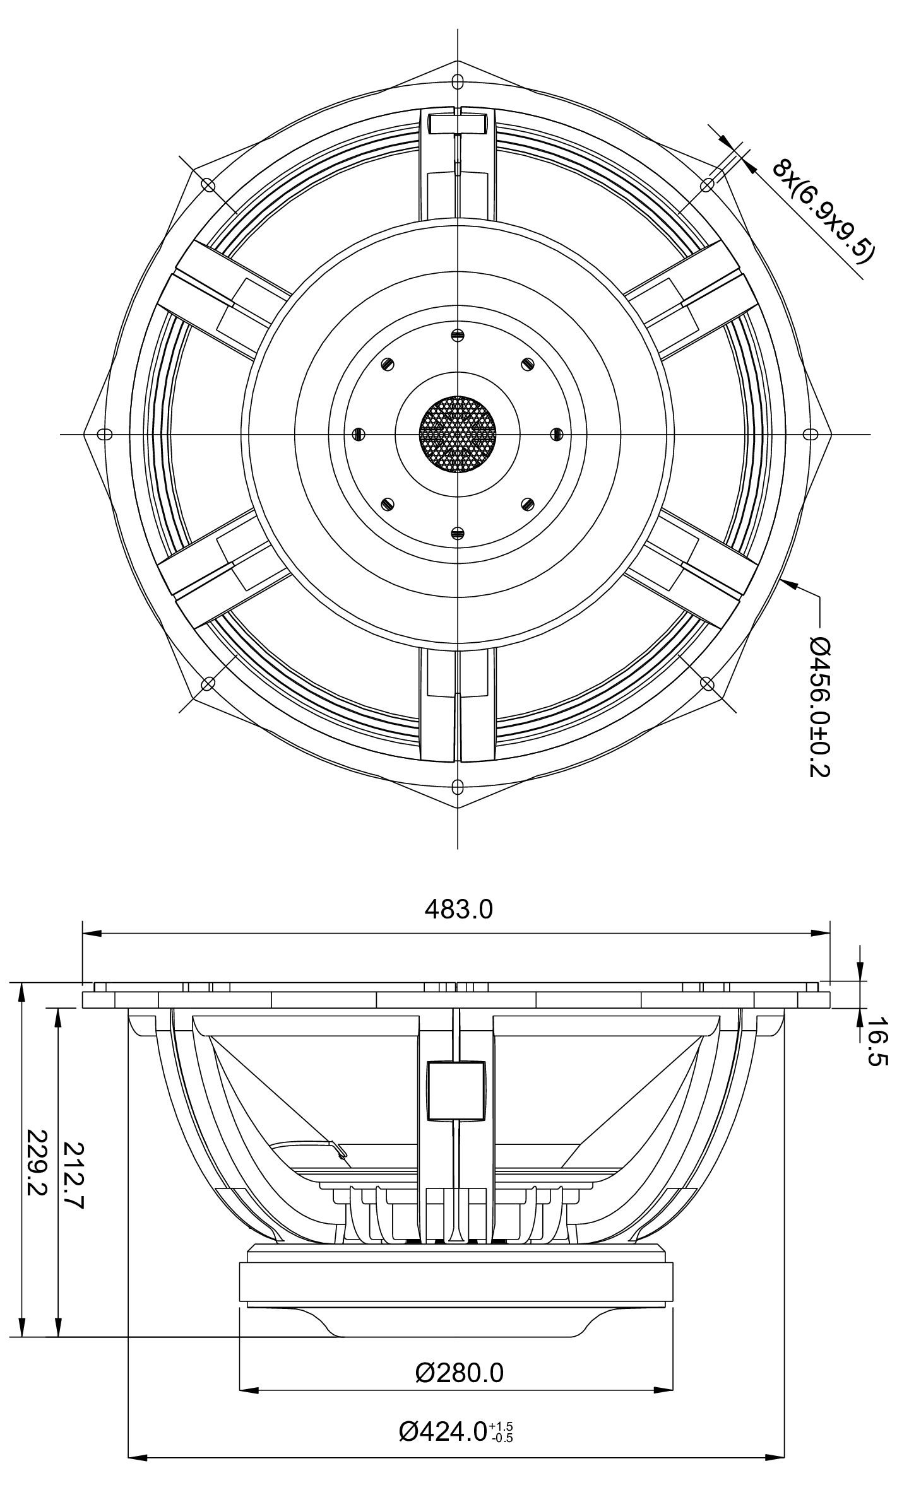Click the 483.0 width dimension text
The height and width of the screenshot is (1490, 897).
pyautogui.click(x=458, y=909)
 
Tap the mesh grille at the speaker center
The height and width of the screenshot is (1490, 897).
pyautogui.click(x=458, y=434)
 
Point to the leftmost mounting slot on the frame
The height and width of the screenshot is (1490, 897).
pyautogui.click(x=105, y=434)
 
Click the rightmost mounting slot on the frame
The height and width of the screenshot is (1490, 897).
pyautogui.click(x=811, y=434)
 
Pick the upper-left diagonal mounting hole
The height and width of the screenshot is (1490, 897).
pyautogui.click(x=208, y=184)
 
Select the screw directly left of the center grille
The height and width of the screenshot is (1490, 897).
pyautogui.click(x=358, y=434)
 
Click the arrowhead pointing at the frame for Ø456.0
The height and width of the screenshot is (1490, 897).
pyautogui.click(x=785, y=583)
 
